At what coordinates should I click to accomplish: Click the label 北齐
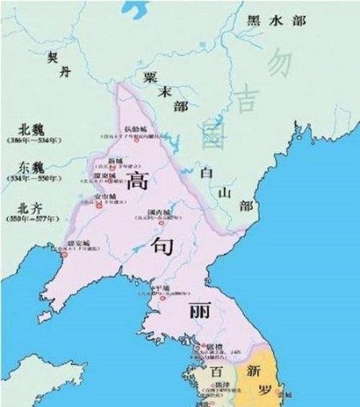pyautogui.click(x=22, y=206)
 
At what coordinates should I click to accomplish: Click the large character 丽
pyautogui.click(x=198, y=310)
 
